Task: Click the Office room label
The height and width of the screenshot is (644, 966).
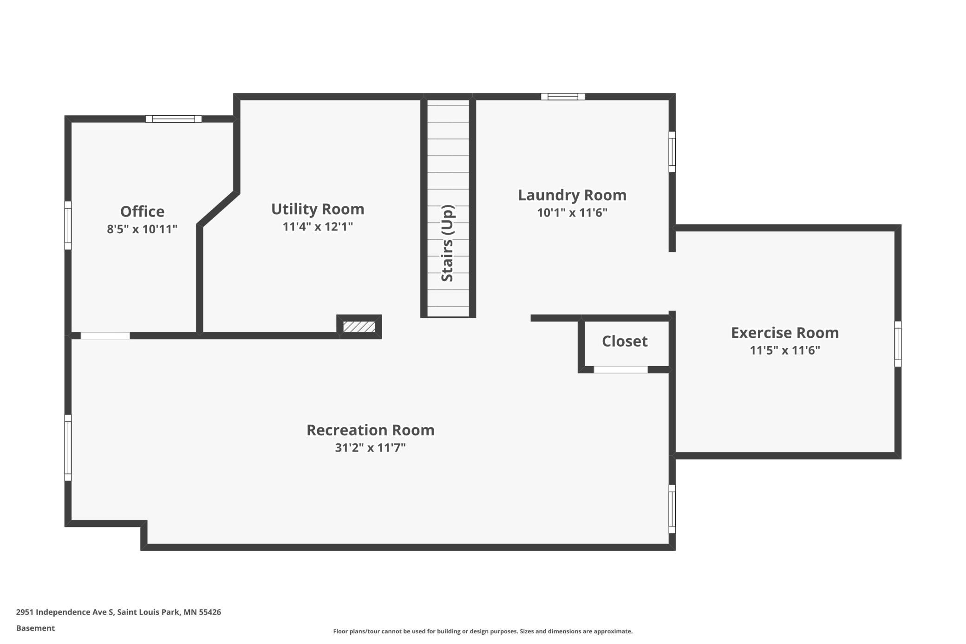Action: point(142,211)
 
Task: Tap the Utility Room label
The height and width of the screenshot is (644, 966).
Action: point(318,209)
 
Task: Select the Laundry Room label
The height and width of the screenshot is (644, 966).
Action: point(572,195)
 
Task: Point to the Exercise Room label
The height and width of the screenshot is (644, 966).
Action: point(785,333)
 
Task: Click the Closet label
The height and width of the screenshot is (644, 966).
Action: point(625,341)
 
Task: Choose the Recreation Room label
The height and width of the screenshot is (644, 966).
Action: point(371,430)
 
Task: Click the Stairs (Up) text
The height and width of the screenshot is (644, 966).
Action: point(447,243)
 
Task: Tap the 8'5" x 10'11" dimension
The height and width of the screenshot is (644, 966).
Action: point(142,229)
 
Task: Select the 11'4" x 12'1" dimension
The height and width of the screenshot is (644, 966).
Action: point(318,227)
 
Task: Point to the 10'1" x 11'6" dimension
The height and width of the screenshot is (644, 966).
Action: point(572,213)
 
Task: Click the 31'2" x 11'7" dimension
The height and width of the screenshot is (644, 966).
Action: point(371,448)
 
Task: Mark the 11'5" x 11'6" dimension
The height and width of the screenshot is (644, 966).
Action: point(785,350)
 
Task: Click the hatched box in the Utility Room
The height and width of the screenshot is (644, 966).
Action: point(359,327)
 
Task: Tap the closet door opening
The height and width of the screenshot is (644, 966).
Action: point(621,370)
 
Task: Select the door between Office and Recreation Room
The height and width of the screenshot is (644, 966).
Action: point(105,335)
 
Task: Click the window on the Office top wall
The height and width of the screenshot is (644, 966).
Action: point(174,119)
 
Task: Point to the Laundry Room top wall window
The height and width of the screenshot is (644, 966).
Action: point(563,97)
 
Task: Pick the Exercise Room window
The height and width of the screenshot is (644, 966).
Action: point(898,344)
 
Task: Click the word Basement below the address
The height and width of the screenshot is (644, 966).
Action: point(35,628)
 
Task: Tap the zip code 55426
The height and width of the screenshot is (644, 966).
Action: point(210,612)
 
